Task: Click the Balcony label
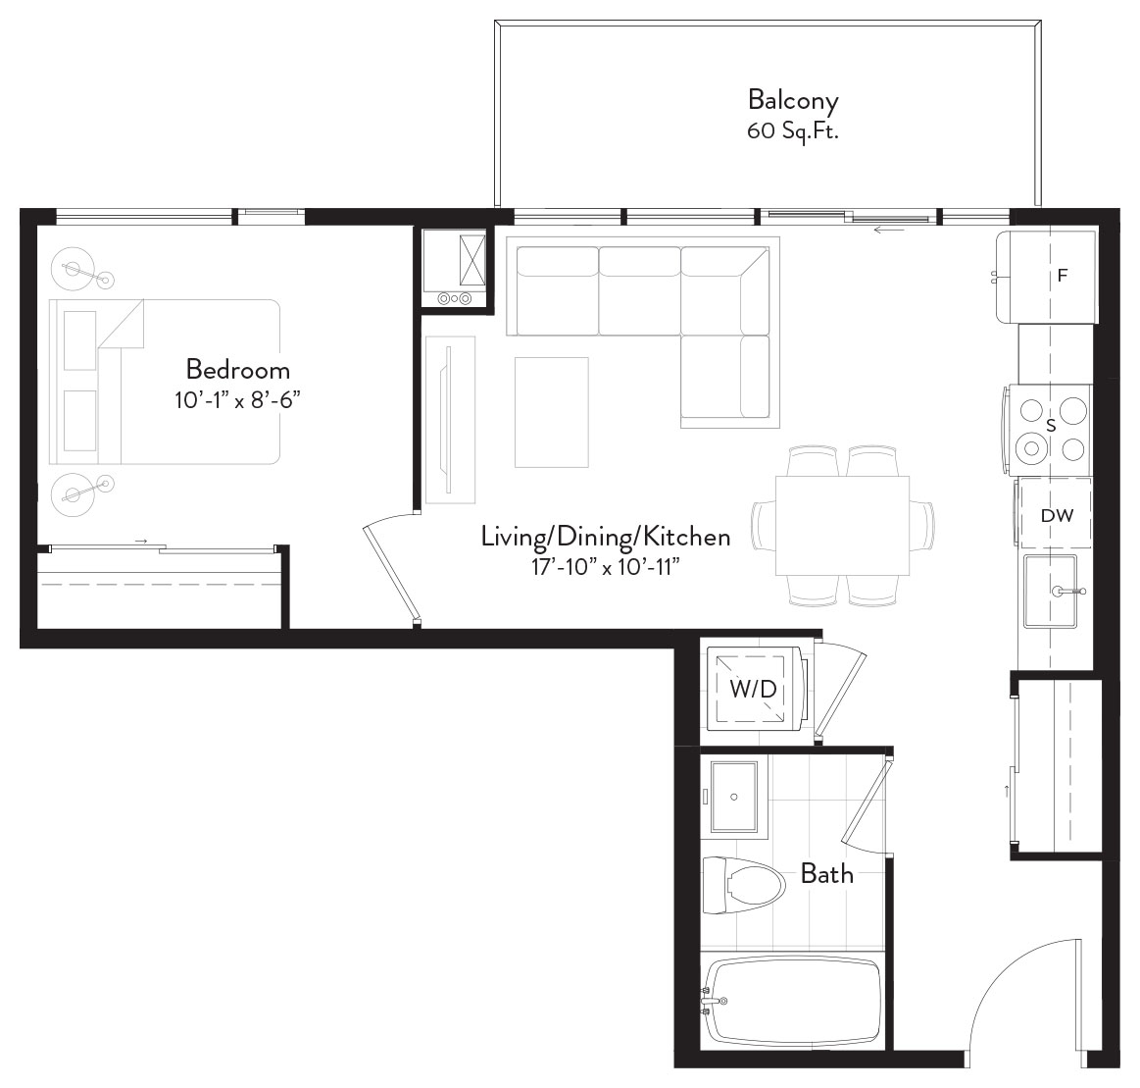click(792, 100)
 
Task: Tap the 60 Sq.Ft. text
click(792, 131)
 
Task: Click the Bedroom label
click(238, 370)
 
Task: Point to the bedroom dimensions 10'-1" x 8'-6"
click(238, 400)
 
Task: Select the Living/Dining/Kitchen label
click(606, 537)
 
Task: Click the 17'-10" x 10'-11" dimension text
click(606, 567)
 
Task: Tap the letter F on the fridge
click(1063, 276)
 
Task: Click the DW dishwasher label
click(1057, 516)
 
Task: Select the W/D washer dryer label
click(754, 689)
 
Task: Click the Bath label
click(826, 873)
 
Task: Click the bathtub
click(793, 1001)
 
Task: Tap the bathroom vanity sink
click(733, 798)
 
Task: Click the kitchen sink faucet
click(1068, 592)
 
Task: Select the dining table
click(842, 525)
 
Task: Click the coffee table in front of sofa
click(551, 412)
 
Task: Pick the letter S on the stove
click(1050, 426)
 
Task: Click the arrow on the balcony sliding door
click(888, 231)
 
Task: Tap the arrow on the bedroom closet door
click(141, 542)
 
